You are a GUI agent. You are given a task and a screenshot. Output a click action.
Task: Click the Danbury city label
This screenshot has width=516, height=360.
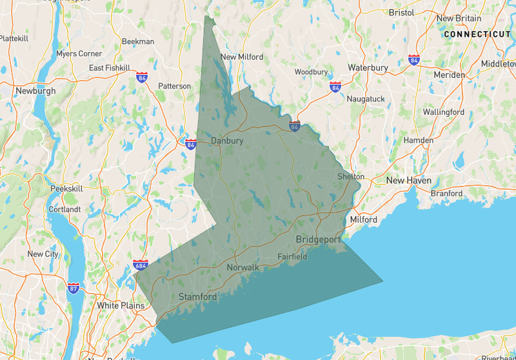(x=226, y=140)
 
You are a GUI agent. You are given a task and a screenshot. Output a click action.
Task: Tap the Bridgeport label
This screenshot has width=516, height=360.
(x=318, y=239)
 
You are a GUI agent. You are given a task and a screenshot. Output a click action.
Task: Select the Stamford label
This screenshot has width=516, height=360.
(x=197, y=297)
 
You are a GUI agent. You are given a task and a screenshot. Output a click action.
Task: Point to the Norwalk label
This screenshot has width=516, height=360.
(x=243, y=267)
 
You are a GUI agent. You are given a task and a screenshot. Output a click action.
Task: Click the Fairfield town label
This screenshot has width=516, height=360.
(x=292, y=256)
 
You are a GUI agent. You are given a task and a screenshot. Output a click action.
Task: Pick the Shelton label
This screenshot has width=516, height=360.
(x=351, y=176)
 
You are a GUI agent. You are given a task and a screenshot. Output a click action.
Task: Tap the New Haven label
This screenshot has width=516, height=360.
(x=408, y=180)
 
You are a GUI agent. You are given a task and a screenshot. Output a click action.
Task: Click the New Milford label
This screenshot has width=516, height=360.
(x=242, y=57)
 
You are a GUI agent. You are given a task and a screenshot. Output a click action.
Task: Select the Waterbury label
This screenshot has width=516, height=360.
(x=368, y=67)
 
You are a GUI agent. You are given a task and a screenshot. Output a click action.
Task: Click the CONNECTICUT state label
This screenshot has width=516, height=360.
(x=477, y=34)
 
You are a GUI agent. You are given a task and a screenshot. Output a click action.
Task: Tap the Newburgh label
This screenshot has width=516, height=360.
(x=36, y=91)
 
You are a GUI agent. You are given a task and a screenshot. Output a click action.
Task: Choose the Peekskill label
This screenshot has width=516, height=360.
(x=66, y=188)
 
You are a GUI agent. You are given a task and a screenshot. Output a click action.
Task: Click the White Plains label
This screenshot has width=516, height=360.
(x=121, y=305)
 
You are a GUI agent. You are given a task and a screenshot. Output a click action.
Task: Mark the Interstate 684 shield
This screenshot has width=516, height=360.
(x=140, y=265)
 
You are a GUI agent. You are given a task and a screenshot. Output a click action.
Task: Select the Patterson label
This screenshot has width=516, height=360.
(x=174, y=86)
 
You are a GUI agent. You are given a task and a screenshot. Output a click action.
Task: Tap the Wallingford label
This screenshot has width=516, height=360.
(x=443, y=112)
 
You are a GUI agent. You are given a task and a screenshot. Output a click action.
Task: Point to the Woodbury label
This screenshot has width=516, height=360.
(x=312, y=72)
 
